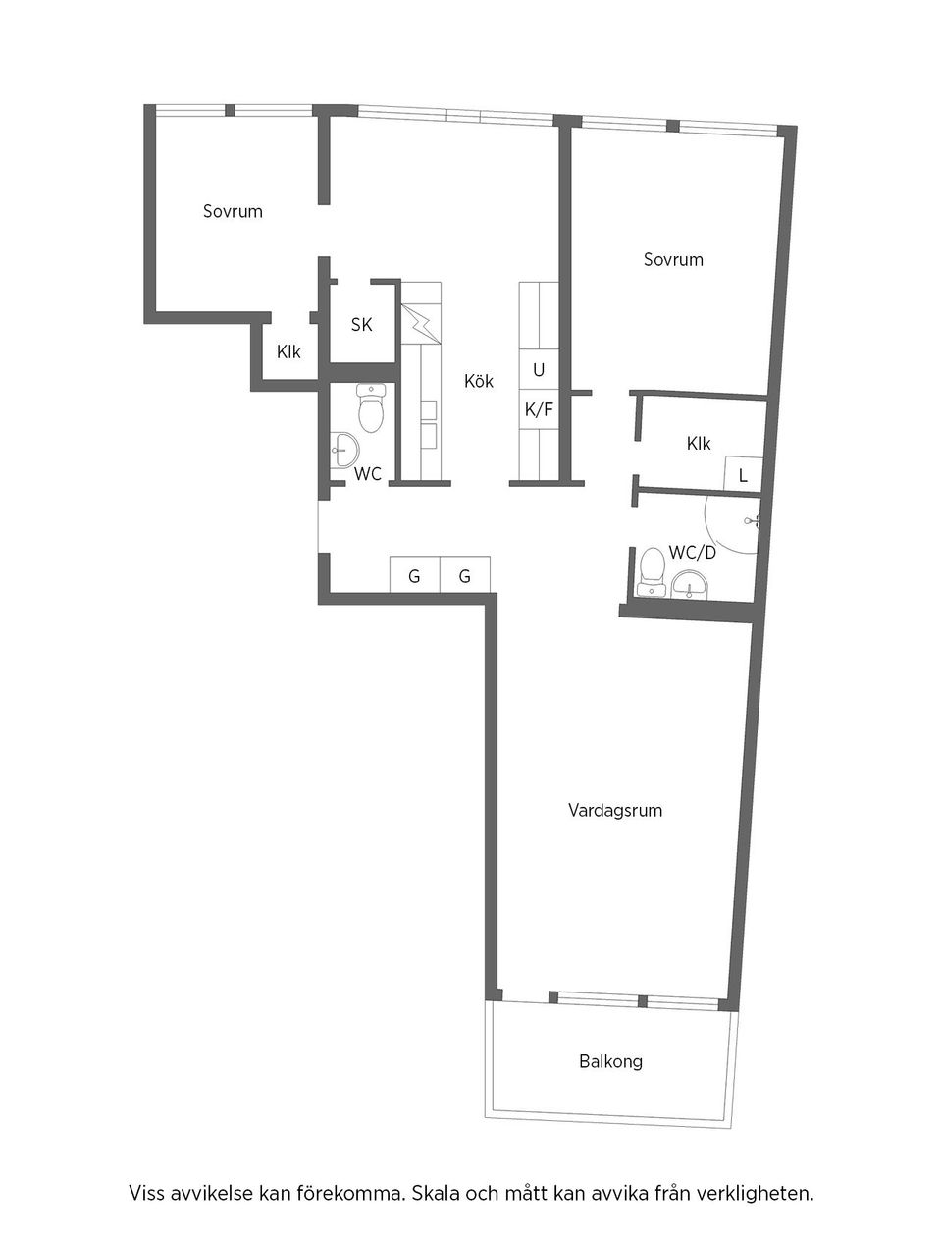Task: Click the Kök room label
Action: [x=478, y=382]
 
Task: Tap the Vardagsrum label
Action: [x=614, y=811]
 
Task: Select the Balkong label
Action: [x=610, y=1061]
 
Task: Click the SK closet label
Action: [x=361, y=325]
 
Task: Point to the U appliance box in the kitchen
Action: [x=539, y=369]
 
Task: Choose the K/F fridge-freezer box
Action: [x=539, y=409]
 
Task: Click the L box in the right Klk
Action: [x=743, y=473]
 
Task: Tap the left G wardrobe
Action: [x=415, y=574]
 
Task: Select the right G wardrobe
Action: [x=465, y=574]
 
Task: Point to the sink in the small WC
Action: [x=343, y=449]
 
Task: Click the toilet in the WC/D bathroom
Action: [x=652, y=571]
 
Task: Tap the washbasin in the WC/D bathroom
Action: [x=690, y=584]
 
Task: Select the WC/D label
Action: [x=692, y=553]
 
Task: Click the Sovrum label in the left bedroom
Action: [x=233, y=211]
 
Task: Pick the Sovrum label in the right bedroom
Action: [x=673, y=259]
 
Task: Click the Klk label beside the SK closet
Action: [x=288, y=352]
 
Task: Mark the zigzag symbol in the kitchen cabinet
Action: [x=421, y=324]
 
